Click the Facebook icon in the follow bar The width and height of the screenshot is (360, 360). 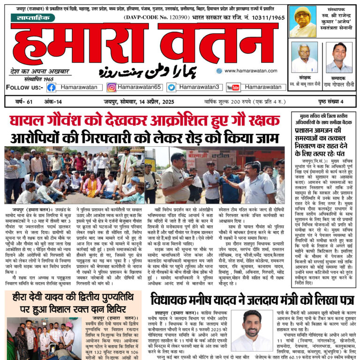[x=51, y=87]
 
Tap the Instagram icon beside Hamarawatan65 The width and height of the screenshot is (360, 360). [x=112, y=87]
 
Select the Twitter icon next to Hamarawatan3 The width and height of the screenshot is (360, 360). [x=172, y=87]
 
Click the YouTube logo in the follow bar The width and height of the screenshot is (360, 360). [x=233, y=87]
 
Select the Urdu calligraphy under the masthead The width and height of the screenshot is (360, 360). [x=148, y=71]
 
